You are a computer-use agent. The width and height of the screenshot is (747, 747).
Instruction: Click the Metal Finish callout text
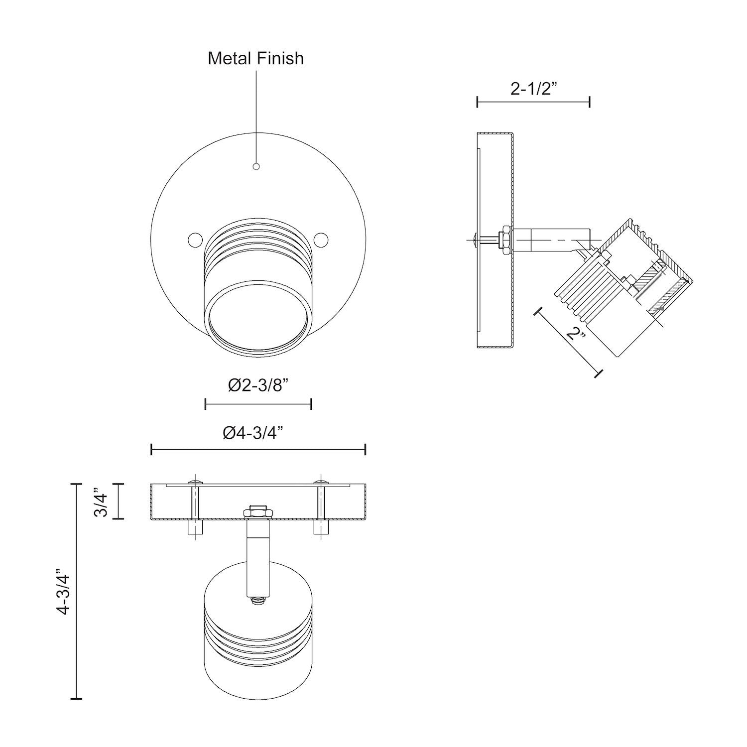tap(255, 58)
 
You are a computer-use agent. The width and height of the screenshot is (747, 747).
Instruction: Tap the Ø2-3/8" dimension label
tap(258, 385)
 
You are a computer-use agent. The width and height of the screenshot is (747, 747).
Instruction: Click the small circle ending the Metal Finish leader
tap(256, 166)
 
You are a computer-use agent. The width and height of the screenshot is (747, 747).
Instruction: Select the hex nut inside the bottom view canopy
tap(258, 511)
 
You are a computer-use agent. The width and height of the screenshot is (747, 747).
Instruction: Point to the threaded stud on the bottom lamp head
tap(258, 601)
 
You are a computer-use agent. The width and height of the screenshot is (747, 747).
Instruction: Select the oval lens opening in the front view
tap(258, 319)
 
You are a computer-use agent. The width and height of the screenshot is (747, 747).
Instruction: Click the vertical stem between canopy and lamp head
tap(258, 558)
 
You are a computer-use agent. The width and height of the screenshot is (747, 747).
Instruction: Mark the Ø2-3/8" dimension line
tap(258, 404)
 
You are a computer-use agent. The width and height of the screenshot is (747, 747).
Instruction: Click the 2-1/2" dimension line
tap(533, 102)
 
